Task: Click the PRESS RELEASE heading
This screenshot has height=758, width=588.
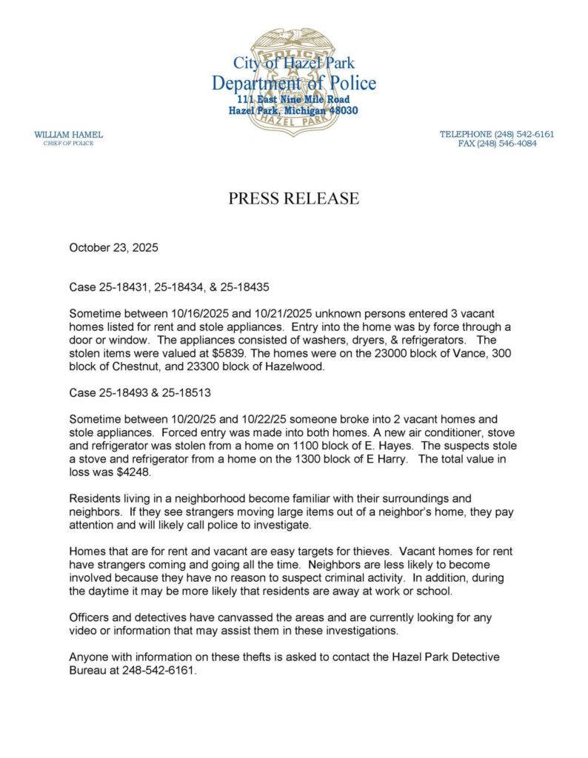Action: pyautogui.click(x=293, y=198)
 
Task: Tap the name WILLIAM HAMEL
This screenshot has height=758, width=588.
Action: pyautogui.click(x=69, y=134)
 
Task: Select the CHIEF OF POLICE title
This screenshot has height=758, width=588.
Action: pyautogui.click(x=69, y=143)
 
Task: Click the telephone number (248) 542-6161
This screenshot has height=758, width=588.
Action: pyautogui.click(x=524, y=134)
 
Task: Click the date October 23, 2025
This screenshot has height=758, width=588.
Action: pyautogui.click(x=113, y=248)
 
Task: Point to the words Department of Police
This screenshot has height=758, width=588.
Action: pyautogui.click(x=293, y=83)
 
